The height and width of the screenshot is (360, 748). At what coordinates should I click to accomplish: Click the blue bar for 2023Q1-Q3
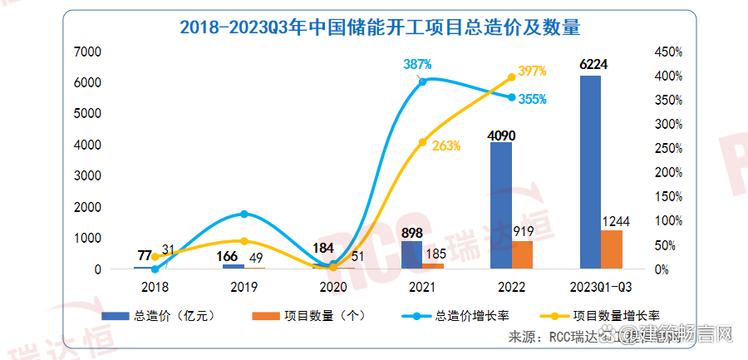click(590, 172)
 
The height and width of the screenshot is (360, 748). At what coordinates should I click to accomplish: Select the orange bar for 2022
click(522, 255)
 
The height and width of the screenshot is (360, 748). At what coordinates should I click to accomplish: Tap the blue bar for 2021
click(411, 255)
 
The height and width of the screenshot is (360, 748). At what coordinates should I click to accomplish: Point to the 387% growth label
click(418, 64)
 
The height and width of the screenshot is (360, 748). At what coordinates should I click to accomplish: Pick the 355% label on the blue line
click(532, 100)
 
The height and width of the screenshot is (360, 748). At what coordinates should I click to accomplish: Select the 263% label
click(446, 145)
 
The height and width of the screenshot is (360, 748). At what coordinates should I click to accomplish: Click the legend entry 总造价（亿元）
click(162, 316)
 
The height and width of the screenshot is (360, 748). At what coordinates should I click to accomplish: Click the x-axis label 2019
click(244, 287)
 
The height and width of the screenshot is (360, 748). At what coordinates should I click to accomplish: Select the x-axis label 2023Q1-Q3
click(599, 287)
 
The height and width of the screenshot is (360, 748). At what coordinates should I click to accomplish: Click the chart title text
click(379, 27)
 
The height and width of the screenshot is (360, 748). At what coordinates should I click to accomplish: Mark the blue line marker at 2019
click(244, 215)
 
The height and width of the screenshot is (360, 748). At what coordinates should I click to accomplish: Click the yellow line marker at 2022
click(511, 77)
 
